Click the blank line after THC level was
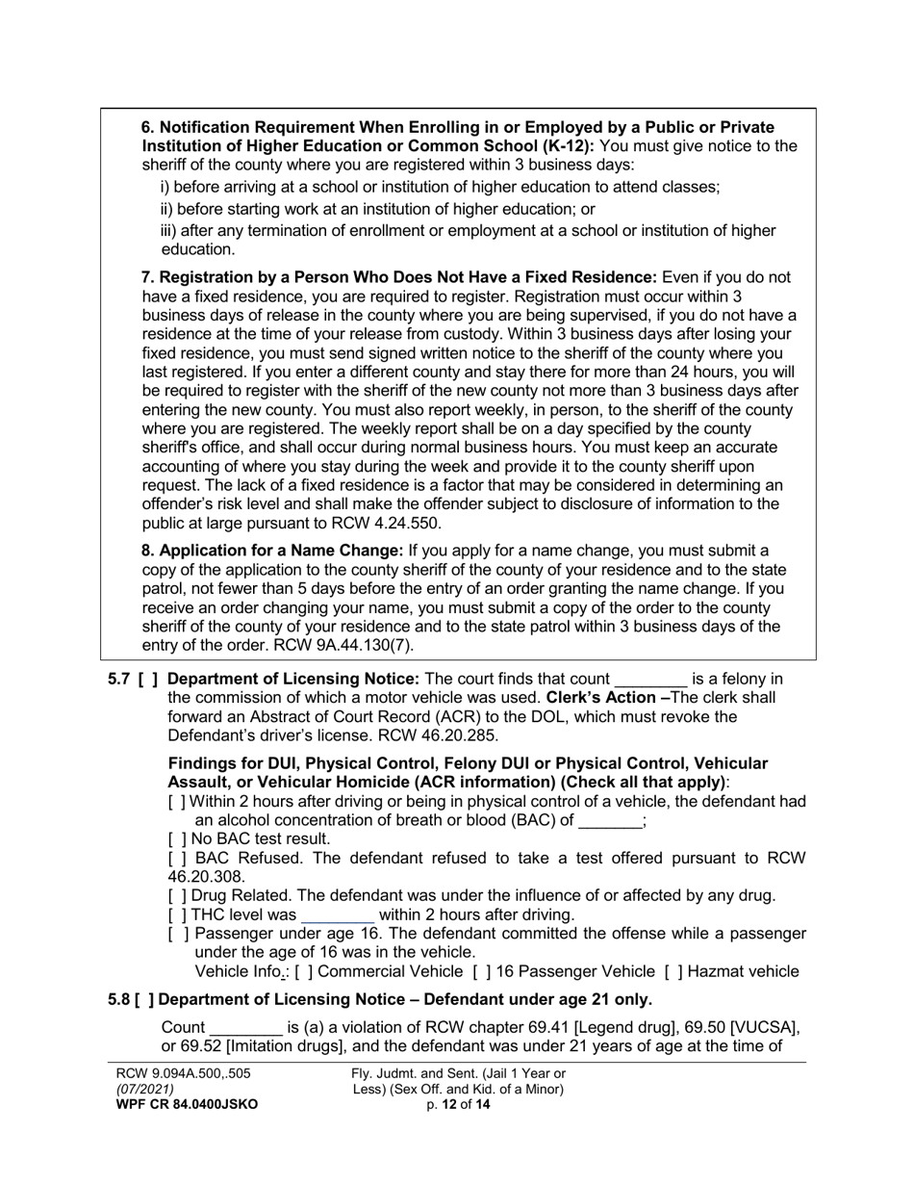click(x=338, y=915)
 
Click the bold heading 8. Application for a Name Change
click(x=272, y=552)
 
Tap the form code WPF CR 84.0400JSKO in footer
click(x=187, y=1105)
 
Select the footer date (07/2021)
click(x=145, y=1089)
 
